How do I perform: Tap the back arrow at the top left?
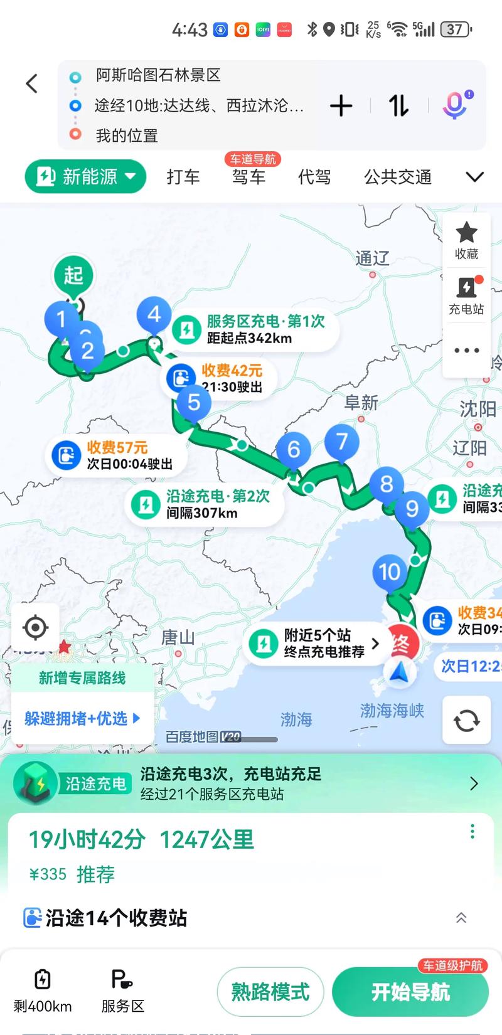pyautogui.click(x=32, y=83)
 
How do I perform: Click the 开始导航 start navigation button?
pyautogui.click(x=410, y=992)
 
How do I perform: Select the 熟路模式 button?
pyautogui.click(x=270, y=992)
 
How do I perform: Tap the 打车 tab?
pyautogui.click(x=183, y=177)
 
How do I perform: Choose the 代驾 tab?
pyautogui.click(x=314, y=177)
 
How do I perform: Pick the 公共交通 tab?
pyautogui.click(x=398, y=177)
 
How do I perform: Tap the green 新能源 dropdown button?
pyautogui.click(x=86, y=177)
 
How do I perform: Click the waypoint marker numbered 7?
pyautogui.click(x=342, y=442)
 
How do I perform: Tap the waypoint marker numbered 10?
pyautogui.click(x=389, y=571)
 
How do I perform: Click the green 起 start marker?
pyautogui.click(x=73, y=275)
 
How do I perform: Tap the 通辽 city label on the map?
pyautogui.click(x=372, y=258)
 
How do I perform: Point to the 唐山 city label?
pyautogui.click(x=178, y=638)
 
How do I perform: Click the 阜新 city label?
pyautogui.click(x=361, y=402)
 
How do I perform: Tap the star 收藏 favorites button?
pyautogui.click(x=466, y=240)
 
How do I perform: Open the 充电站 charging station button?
pyautogui.click(x=466, y=295)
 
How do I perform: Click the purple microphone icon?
pyautogui.click(x=456, y=105)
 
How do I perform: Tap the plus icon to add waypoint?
pyautogui.click(x=341, y=105)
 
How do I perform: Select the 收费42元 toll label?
pyautogui.click(x=231, y=371)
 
